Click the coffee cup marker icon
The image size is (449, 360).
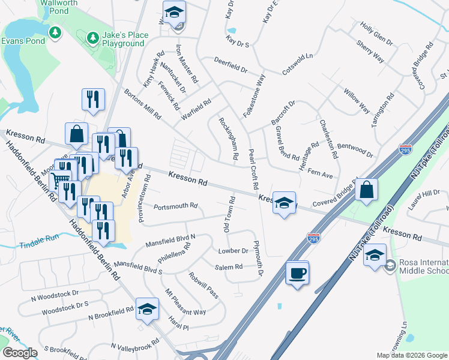(297, 273)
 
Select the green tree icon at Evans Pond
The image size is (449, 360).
(55, 31)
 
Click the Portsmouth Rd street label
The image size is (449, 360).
(175, 206)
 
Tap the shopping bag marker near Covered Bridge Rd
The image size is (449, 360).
(366, 190)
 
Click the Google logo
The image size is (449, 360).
(20, 353)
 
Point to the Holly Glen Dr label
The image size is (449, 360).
(376, 35)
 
